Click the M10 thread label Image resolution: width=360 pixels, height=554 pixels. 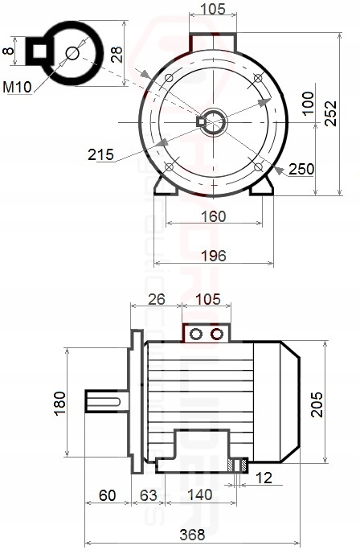coord(17,87)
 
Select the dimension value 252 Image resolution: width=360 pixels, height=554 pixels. coord(331,113)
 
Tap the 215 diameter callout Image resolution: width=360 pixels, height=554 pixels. coord(101,154)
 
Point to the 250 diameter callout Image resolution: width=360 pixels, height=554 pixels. coord(301,169)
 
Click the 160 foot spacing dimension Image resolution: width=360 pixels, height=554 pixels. coord(213,216)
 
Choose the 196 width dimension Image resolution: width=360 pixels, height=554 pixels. coord(213,256)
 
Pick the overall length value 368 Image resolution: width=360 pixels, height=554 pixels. coord(192,535)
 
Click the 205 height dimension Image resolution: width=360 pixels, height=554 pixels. coord(317,404)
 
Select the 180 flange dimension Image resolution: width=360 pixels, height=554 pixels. coord(60,403)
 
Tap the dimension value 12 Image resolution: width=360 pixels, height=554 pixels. coord(264,478)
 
